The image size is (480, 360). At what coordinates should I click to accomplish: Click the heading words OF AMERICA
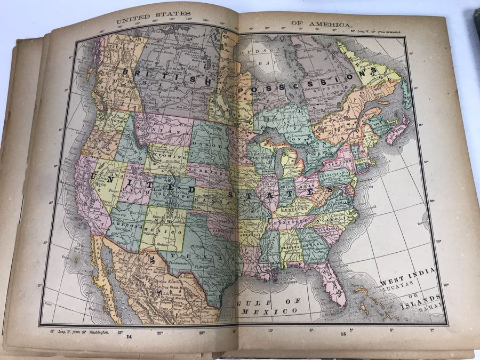pos(321,25)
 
